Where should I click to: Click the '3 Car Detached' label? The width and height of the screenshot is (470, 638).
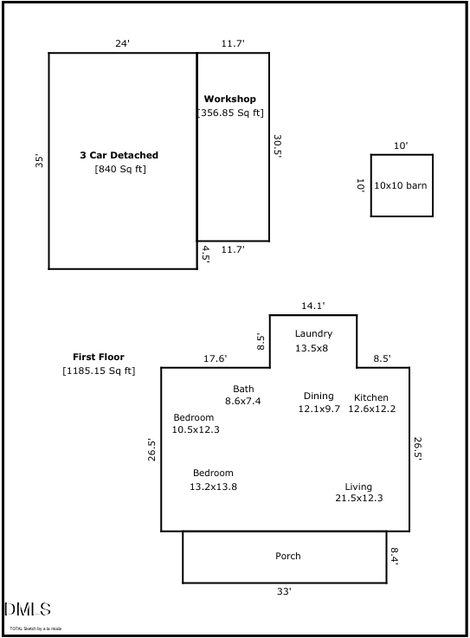click(119, 155)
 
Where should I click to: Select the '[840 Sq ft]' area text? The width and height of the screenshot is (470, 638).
click(120, 169)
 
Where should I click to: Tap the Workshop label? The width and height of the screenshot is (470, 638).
click(229, 100)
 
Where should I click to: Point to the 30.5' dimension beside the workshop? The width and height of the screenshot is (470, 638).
click(278, 145)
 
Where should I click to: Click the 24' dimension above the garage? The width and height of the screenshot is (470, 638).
click(122, 43)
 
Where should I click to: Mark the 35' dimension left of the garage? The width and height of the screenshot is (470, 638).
click(39, 160)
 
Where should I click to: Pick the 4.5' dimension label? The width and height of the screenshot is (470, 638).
click(206, 253)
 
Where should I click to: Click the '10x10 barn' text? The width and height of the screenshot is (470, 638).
click(400, 185)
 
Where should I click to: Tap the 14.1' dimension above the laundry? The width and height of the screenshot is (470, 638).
click(312, 306)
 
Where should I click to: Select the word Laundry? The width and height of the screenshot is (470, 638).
click(313, 333)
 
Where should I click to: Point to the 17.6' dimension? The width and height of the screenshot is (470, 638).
click(215, 358)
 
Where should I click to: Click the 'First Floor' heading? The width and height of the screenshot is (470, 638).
click(98, 357)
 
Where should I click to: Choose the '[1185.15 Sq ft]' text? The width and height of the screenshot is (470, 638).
click(99, 371)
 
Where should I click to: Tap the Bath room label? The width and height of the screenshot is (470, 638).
click(243, 389)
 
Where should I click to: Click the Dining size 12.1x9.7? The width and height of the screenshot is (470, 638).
click(319, 409)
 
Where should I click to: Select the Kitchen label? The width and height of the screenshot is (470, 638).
click(371, 397)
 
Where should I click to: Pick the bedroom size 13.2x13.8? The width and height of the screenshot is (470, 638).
click(213, 487)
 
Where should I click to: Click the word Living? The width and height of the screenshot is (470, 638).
click(358, 487)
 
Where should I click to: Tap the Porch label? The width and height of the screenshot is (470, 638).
click(288, 556)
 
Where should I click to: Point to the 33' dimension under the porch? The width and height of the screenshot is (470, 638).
click(284, 591)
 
